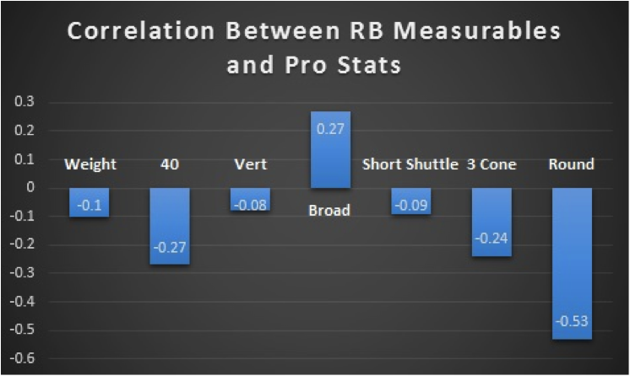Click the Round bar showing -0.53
(x=572, y=264)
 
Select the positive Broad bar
(x=330, y=150)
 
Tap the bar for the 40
(x=170, y=226)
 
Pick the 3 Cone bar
(x=492, y=222)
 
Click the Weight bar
(x=90, y=202)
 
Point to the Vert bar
(x=250, y=199)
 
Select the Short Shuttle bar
(x=411, y=201)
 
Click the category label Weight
(x=90, y=164)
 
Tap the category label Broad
(x=329, y=210)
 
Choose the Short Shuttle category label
(x=410, y=164)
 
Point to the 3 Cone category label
(x=492, y=164)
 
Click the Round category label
(x=572, y=164)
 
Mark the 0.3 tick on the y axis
(x=24, y=101)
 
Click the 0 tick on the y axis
(x=30, y=187)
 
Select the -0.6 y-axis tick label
(x=22, y=358)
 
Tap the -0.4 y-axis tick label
(x=22, y=301)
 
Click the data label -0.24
(x=492, y=239)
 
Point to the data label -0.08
(x=250, y=206)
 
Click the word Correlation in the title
(x=141, y=31)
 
